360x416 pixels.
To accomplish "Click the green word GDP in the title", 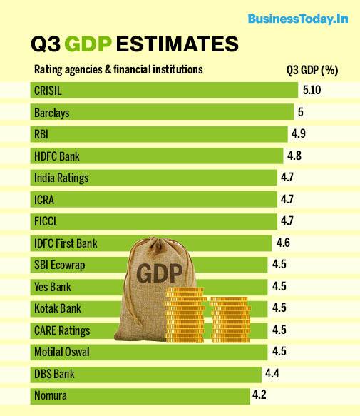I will tap(88, 45).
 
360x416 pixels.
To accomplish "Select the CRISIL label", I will tap(48, 90).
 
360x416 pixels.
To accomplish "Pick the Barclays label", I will tap(52, 112).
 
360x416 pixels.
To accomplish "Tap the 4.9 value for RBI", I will tap(299, 133).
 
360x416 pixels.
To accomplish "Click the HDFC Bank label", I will tap(57, 156).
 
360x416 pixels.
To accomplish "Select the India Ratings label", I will tap(61, 178).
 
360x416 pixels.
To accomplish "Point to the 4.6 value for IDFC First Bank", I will tap(283, 243).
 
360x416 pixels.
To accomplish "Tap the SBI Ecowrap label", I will tap(59, 265).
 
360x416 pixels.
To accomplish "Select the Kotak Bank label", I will tap(56, 308).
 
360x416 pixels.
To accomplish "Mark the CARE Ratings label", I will tap(61, 330).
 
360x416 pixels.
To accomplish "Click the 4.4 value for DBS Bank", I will tap(272, 373).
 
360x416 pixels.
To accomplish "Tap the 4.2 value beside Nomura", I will tap(260, 394).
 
